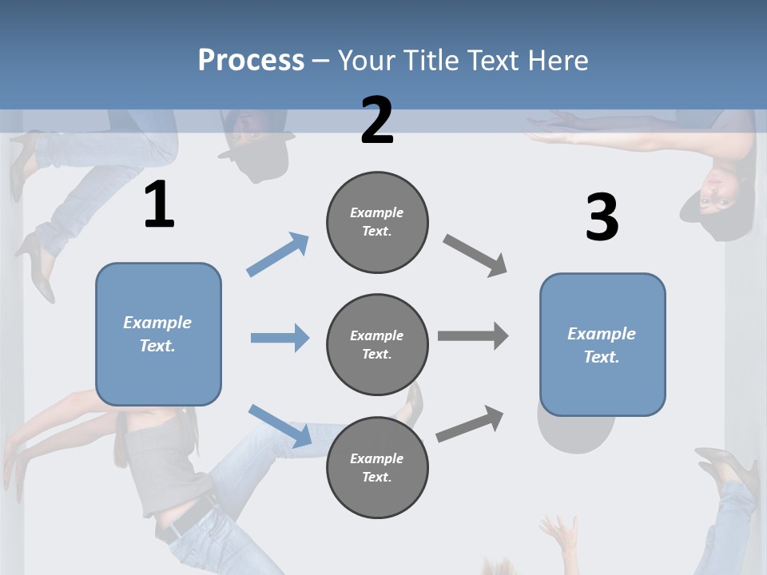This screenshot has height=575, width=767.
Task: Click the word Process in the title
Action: tap(251, 60)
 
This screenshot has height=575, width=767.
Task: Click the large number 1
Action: tap(159, 205)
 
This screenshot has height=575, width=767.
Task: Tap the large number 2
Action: tap(377, 121)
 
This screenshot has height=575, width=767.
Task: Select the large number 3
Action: tap(602, 218)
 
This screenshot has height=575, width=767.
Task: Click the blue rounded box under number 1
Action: tap(158, 334)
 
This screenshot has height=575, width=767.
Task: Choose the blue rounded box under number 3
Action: tap(602, 345)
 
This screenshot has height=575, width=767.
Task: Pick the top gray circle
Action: tap(377, 222)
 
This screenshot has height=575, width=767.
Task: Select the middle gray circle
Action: tap(377, 344)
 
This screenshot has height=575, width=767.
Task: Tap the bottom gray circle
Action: tap(377, 467)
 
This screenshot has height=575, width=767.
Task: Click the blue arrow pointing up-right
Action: tap(278, 254)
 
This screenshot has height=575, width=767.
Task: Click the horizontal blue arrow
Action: tap(280, 338)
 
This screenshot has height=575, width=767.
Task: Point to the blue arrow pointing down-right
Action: tap(280, 426)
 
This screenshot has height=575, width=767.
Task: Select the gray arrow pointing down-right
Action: tap(475, 256)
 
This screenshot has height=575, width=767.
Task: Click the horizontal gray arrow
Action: tap(473, 336)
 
